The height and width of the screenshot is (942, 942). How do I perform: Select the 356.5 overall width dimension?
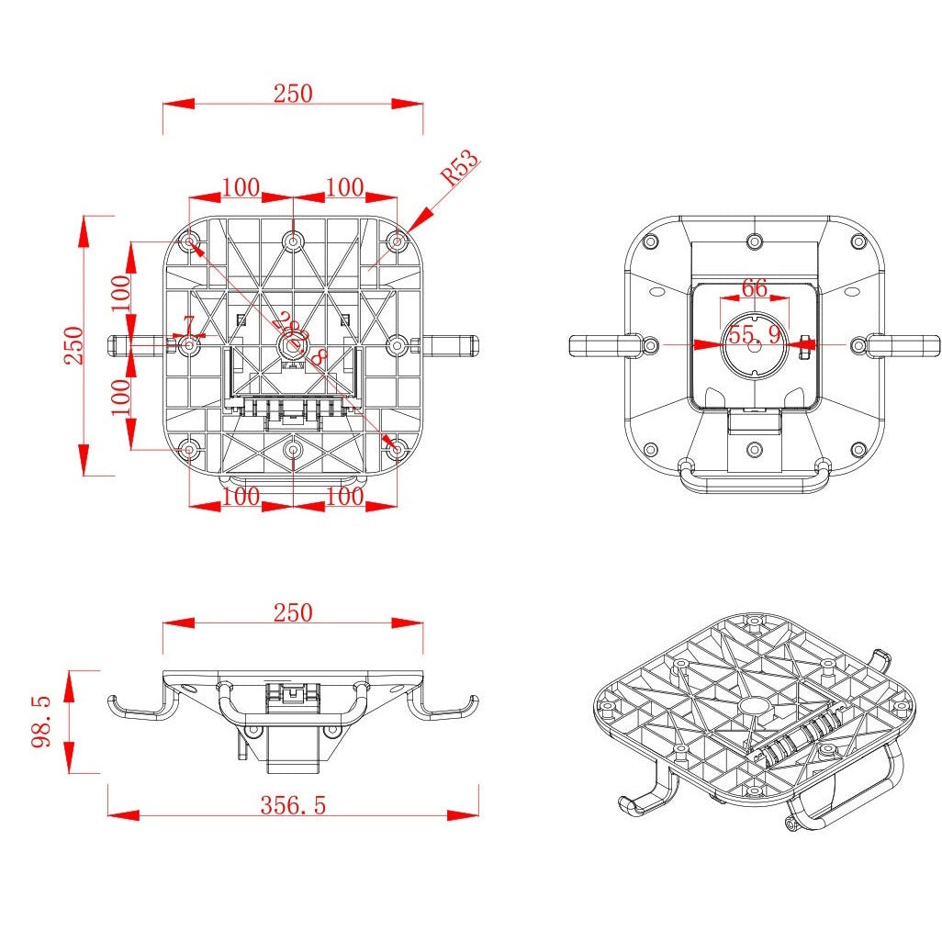click(x=293, y=805)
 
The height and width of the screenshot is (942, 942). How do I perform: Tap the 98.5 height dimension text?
click(x=42, y=721)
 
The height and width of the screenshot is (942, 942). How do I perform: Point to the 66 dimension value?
click(x=754, y=287)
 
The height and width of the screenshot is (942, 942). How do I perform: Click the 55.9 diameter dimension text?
click(x=755, y=335)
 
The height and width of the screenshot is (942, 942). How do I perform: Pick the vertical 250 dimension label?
click(x=73, y=345)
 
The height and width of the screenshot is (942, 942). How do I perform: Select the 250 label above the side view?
click(x=293, y=612)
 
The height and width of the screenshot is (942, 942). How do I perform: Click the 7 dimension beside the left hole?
click(x=189, y=324)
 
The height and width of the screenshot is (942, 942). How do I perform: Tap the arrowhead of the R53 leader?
click(x=411, y=225)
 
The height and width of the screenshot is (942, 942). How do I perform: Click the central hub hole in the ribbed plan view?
click(x=292, y=345)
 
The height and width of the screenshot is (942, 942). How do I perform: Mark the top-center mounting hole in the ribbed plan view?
click(x=293, y=241)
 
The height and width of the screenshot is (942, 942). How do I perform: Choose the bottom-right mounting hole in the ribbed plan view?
click(x=397, y=450)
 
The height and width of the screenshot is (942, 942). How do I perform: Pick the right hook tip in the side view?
click(x=473, y=702)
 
